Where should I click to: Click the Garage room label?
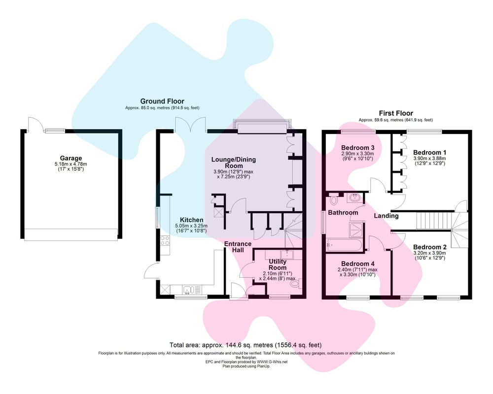tap(70, 158)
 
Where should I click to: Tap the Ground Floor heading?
tap(162, 101)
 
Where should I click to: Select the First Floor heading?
tap(396, 113)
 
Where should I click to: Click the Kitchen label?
tap(191, 220)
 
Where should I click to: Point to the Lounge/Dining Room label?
tap(234, 163)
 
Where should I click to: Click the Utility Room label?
tap(278, 264)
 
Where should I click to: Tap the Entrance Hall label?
tap(238, 247)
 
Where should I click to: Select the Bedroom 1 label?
tap(429, 153)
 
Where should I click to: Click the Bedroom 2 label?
tap(429, 247)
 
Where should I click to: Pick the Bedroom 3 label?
tap(357, 148)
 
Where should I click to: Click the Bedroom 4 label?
tap(357, 263)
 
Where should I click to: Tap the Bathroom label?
tap(343, 213)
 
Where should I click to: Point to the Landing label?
tap(386, 216)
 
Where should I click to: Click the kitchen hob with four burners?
tap(165, 241)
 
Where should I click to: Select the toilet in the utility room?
tap(296, 284)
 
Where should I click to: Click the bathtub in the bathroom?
tap(344, 245)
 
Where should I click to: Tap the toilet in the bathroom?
tap(334, 200)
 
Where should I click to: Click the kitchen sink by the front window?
tap(188, 290)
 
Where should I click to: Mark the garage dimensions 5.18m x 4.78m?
tap(70, 164)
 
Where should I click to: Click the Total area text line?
tap(246, 345)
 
